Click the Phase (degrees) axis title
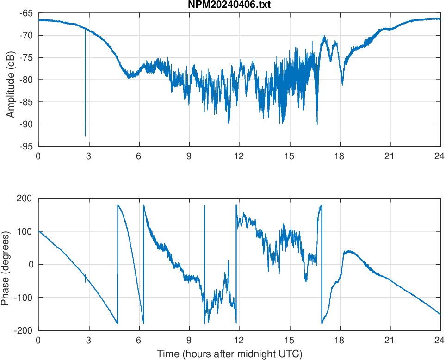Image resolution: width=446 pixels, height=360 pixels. [6, 264]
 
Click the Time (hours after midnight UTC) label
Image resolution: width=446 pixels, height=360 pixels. [229, 354]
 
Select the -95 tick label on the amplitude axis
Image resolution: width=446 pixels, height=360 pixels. [26, 146]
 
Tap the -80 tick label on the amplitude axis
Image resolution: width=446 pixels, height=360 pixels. [26, 80]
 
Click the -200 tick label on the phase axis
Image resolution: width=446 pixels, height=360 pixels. [23, 330]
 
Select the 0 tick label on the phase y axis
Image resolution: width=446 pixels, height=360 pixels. [31, 264]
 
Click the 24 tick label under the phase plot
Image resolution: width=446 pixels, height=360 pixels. [440, 340]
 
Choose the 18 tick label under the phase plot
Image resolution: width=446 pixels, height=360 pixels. [340, 340]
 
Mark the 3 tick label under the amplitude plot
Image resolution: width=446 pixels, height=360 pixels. [88, 156]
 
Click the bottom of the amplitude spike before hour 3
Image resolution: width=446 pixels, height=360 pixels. [85, 136]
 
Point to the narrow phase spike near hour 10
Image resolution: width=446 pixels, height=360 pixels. [204, 206]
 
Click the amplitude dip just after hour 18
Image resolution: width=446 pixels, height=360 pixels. [342, 84]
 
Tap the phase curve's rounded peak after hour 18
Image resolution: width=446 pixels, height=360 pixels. [348, 251]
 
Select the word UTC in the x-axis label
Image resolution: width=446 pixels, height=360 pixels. [291, 354]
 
